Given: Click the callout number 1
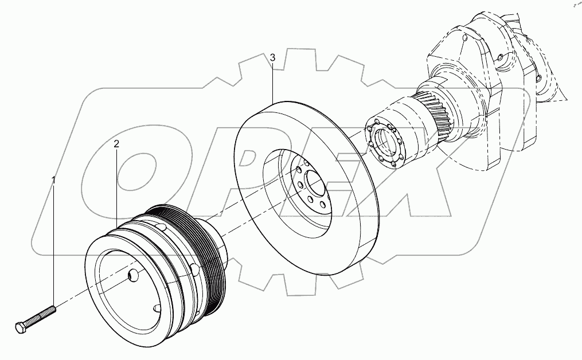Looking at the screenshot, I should [x=54, y=181].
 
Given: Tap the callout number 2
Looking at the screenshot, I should [x=116, y=144].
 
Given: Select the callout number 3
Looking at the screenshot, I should [x=272, y=57].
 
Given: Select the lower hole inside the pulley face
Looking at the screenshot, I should [x=157, y=308].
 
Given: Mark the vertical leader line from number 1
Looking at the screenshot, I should [x=54, y=246].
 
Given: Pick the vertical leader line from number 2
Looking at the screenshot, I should [x=116, y=189].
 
